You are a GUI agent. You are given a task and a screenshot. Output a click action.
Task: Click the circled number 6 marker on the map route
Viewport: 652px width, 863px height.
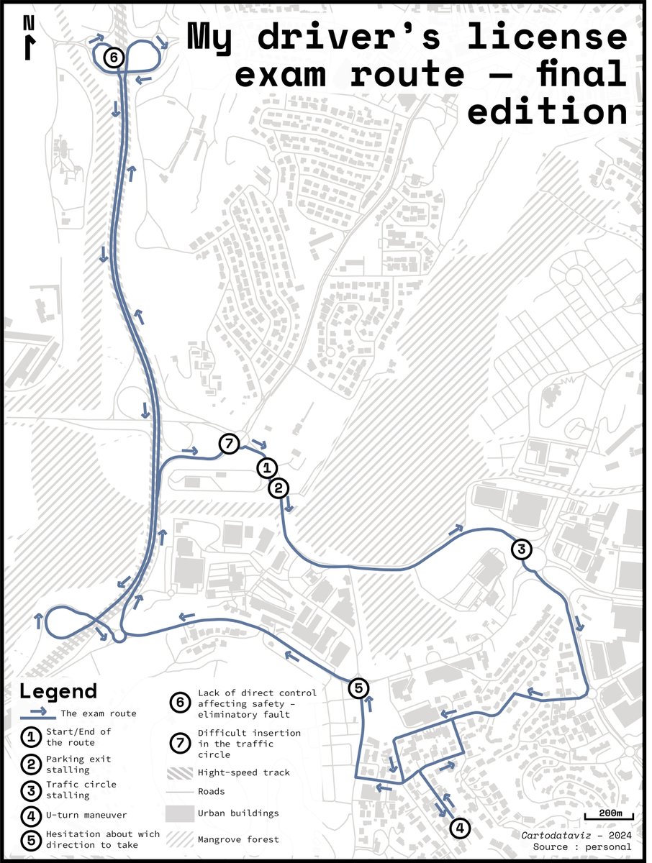[113, 58]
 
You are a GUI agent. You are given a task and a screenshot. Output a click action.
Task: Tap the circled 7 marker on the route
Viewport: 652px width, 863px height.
[228, 444]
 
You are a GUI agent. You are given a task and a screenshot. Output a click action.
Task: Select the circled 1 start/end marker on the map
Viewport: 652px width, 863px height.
[266, 468]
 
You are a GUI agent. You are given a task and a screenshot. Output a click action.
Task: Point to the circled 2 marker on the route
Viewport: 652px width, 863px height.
[279, 488]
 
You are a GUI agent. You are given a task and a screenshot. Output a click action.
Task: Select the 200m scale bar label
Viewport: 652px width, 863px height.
[608, 813]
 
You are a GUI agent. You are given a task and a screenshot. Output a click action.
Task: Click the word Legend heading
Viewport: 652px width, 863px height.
[58, 692]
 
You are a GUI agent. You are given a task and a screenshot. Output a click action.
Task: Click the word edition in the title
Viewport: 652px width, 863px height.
[547, 112]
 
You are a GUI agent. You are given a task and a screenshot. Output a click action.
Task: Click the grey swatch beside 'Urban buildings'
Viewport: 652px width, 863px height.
[180, 814]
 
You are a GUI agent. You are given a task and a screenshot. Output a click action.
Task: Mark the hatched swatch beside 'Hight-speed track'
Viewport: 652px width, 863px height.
[180, 773]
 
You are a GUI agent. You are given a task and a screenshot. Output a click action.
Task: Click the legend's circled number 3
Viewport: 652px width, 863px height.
[31, 789]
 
